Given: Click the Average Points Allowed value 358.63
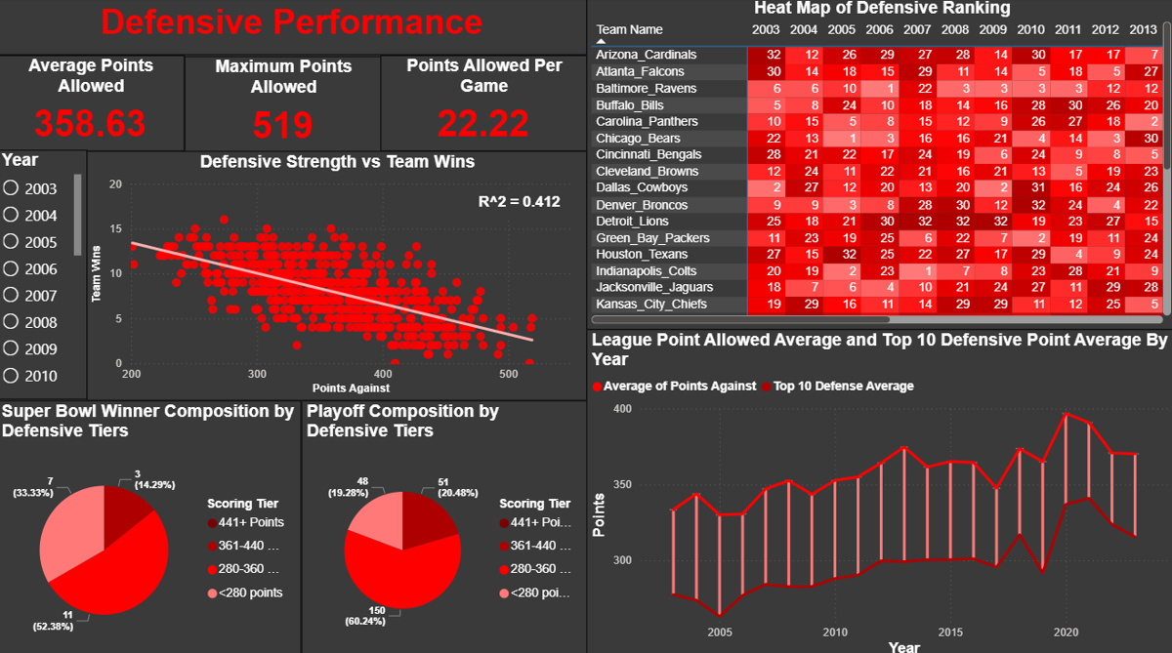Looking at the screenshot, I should [x=90, y=123].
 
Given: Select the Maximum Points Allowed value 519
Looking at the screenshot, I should [x=283, y=125].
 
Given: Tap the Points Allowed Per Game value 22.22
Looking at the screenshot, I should [x=483, y=123].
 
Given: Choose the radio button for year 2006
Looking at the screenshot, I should [x=13, y=269].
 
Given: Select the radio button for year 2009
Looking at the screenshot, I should [x=13, y=349].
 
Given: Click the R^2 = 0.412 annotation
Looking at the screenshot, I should [x=519, y=202].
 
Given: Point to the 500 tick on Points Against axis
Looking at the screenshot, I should [x=508, y=374].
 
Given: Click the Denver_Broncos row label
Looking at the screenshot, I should [x=641, y=205].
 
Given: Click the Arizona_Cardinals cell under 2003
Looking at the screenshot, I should [x=773, y=55].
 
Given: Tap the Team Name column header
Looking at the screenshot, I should [x=629, y=29].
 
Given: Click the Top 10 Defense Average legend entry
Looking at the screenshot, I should [x=843, y=386].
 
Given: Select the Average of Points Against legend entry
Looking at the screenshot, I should [x=680, y=386].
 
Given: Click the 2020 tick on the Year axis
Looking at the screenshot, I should [x=1066, y=632].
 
